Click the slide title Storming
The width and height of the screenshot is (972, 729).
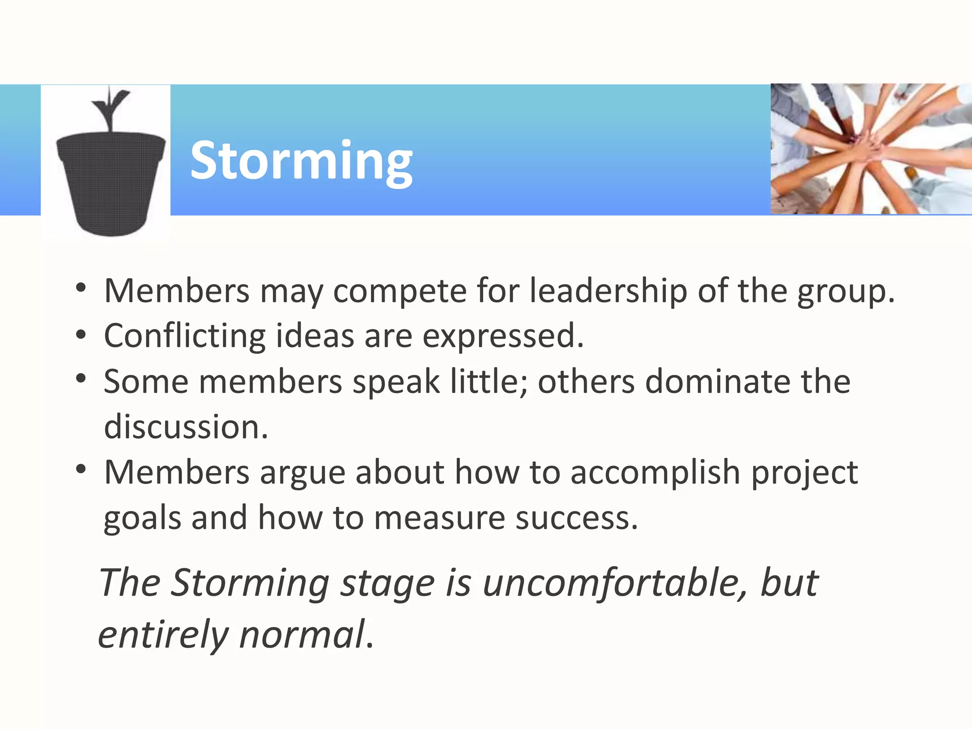click(x=301, y=161)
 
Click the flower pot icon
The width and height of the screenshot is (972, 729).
click(x=111, y=183)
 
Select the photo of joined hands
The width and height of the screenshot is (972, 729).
click(x=871, y=149)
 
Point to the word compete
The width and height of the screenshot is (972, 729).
click(x=400, y=291)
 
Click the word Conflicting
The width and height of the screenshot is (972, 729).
click(x=185, y=336)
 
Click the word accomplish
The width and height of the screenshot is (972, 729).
click(x=655, y=473)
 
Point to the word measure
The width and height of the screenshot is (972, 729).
click(x=439, y=518)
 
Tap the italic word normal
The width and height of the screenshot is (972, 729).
click(x=302, y=634)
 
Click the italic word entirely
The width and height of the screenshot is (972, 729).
click(x=163, y=635)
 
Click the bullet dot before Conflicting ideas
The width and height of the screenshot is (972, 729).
click(x=81, y=335)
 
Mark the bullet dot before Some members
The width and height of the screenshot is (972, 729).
click(x=81, y=379)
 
